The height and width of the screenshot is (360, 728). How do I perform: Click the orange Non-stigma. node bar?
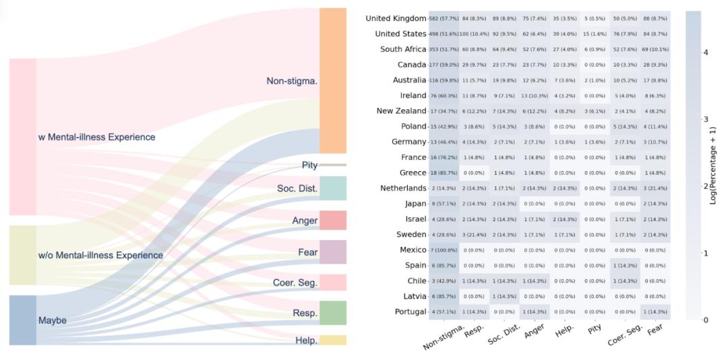[333, 81]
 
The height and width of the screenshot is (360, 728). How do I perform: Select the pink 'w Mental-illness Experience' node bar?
[23, 137]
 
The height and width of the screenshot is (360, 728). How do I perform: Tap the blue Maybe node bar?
[23, 320]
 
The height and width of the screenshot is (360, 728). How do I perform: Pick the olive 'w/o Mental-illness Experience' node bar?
[23, 255]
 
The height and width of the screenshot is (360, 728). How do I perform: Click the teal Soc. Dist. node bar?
[333, 188]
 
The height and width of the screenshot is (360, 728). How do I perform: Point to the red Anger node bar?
[333, 220]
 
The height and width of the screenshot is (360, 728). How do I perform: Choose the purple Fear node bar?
[333, 252]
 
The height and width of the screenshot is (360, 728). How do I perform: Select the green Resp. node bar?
[333, 313]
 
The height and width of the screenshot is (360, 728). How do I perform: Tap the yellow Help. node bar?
[333, 340]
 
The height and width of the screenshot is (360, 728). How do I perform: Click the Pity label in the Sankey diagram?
[309, 165]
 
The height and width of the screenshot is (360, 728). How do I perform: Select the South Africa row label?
[403, 49]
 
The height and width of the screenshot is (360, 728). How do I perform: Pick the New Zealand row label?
[401, 111]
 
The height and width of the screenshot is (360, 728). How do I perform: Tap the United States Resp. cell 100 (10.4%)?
[474, 34]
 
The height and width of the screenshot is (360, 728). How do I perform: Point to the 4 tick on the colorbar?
[705, 52]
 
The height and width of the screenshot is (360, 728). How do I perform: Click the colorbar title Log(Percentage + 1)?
[713, 165]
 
